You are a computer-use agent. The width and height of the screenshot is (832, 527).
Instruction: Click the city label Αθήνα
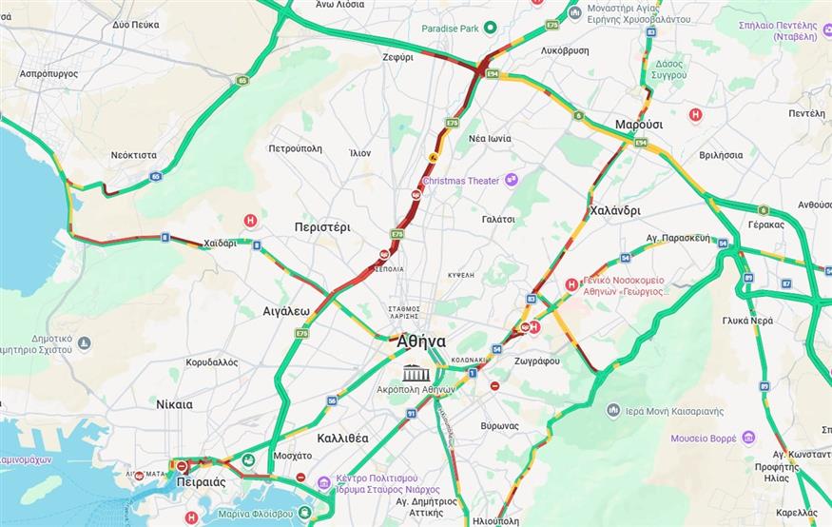tap(421, 342)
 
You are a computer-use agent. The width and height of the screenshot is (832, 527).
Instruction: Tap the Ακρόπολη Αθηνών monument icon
tap(415, 372)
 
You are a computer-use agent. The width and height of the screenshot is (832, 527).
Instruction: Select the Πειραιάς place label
tap(202, 482)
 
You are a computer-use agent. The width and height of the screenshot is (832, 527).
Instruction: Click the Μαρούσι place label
tap(638, 125)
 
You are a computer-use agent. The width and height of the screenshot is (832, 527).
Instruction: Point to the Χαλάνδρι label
tap(614, 210)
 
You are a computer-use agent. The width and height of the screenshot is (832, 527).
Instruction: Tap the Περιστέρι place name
tap(322, 227)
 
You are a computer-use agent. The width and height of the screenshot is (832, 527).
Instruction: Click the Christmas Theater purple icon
tap(512, 180)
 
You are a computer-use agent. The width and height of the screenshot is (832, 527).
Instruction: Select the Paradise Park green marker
tap(491, 28)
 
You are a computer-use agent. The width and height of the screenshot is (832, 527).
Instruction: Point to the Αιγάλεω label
tap(286, 310)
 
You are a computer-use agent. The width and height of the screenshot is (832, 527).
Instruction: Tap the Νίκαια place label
tap(174, 404)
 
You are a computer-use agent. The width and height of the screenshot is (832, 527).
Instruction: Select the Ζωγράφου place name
tap(535, 361)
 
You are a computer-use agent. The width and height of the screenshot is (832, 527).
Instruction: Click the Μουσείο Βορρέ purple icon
tap(748, 438)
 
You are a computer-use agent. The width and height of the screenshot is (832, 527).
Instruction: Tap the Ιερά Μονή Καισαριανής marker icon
tap(613, 410)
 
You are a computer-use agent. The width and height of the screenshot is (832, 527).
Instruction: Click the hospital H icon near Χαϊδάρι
tap(251, 220)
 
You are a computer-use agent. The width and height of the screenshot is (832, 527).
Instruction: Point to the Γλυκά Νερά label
tap(747, 321)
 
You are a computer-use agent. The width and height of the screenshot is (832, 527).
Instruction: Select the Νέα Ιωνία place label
tap(490, 138)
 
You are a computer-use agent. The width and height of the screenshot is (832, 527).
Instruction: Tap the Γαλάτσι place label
tap(498, 219)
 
